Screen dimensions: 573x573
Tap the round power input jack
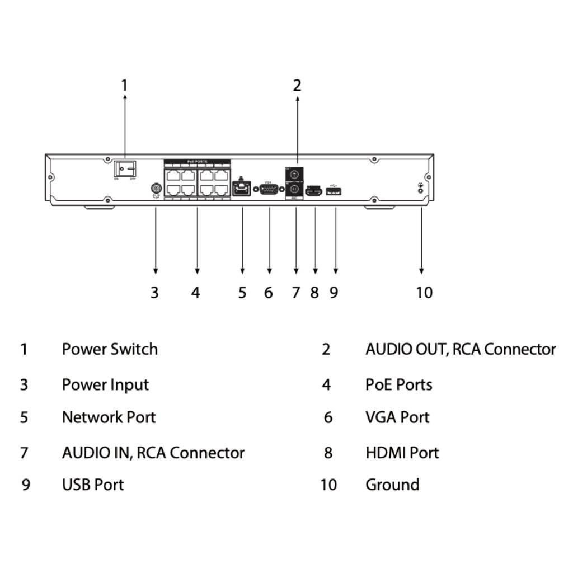[x=156, y=189]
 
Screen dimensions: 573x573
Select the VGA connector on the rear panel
[x=269, y=190]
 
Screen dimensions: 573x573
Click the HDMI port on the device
[x=314, y=191]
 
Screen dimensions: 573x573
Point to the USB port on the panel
[x=335, y=192]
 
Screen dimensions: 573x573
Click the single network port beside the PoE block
[x=241, y=188]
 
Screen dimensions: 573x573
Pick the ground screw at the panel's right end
[x=420, y=189]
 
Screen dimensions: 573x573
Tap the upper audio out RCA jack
[x=295, y=175]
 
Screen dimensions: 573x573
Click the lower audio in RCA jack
[x=295, y=190]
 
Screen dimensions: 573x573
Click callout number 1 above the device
[x=125, y=85]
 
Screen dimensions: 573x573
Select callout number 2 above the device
[x=297, y=85]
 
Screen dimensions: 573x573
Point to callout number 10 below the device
[x=424, y=292]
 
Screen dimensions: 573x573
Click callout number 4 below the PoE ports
[x=195, y=292]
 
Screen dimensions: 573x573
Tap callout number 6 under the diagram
[x=269, y=292]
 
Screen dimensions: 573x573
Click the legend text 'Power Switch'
[x=110, y=349]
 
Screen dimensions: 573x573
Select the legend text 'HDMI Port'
[x=402, y=452]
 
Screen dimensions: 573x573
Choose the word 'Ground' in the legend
[x=392, y=484]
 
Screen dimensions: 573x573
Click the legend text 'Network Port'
[x=109, y=417]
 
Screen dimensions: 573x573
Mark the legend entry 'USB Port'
[x=93, y=484]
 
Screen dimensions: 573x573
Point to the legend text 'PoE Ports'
[x=398, y=384]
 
